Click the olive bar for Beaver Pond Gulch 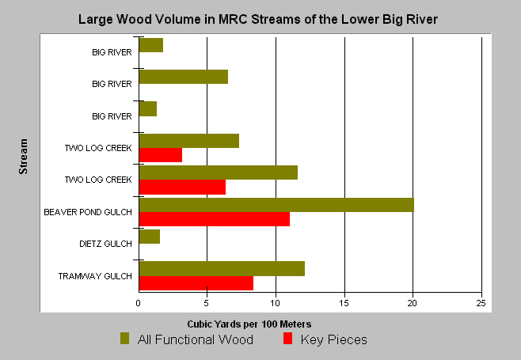pyautogui.click(x=276, y=205)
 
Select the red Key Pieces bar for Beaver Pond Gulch pyautogui.click(x=215, y=219)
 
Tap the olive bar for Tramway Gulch pyautogui.click(x=222, y=269)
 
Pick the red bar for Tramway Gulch pyautogui.click(x=196, y=283)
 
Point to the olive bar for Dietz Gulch pyautogui.click(x=150, y=237)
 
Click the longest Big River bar pyautogui.click(x=184, y=77)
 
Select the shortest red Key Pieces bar pyautogui.click(x=161, y=155)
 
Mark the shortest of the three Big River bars pyautogui.click(x=148, y=109)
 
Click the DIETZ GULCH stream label pyautogui.click(x=105, y=244)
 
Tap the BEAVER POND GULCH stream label pyautogui.click(x=88, y=212)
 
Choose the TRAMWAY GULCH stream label pyautogui.click(x=95, y=276)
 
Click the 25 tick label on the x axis pyautogui.click(x=481, y=303)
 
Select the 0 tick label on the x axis pyautogui.click(x=139, y=303)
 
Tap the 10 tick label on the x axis pyautogui.click(x=275, y=303)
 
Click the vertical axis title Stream pyautogui.click(x=23, y=157)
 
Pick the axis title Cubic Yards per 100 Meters pyautogui.click(x=249, y=324)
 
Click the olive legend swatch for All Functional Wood pyautogui.click(x=124, y=338)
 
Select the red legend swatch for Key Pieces pyautogui.click(x=287, y=338)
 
